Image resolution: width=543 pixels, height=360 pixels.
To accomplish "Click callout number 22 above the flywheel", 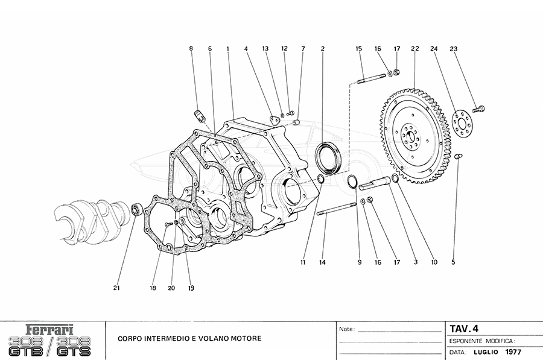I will tap(415, 48).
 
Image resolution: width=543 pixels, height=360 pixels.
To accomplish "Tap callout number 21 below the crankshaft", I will tap(116, 288).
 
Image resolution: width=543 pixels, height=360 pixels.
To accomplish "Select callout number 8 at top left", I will tap(191, 48).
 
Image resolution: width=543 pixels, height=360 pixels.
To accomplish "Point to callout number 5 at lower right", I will tap(453, 262).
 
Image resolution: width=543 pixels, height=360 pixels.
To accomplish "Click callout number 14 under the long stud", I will tap(323, 262).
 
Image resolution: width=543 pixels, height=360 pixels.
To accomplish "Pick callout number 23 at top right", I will tap(453, 48).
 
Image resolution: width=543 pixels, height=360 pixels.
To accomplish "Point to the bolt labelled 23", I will tap(480, 109).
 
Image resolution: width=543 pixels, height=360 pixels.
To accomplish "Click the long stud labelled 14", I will tap(335, 209).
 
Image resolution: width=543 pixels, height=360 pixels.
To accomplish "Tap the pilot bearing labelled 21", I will tap(136, 209).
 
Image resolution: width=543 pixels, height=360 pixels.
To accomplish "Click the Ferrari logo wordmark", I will tap(50, 330).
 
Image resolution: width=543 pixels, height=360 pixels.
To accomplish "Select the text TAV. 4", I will tap(464, 329).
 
